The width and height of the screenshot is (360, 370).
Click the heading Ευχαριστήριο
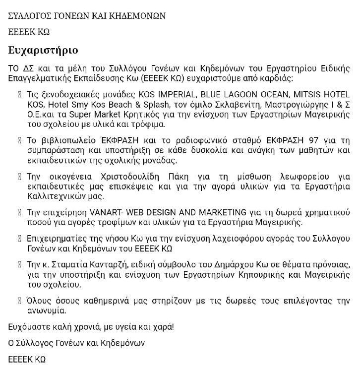click(43, 51)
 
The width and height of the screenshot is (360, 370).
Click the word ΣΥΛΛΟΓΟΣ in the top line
click(31, 15)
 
